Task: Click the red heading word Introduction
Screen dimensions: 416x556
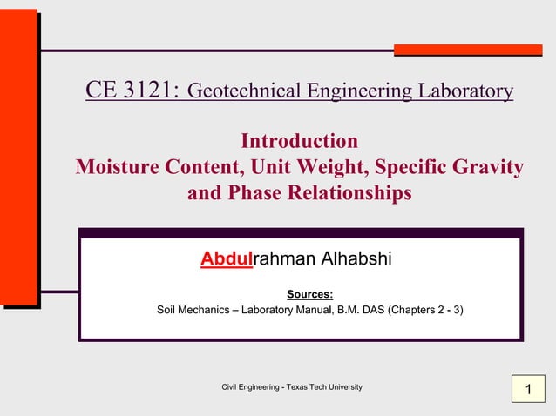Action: tap(299, 140)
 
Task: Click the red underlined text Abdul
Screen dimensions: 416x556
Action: tap(227, 259)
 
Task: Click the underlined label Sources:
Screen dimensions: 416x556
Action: tap(310, 294)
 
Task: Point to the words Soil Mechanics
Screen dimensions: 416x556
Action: tap(193, 309)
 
